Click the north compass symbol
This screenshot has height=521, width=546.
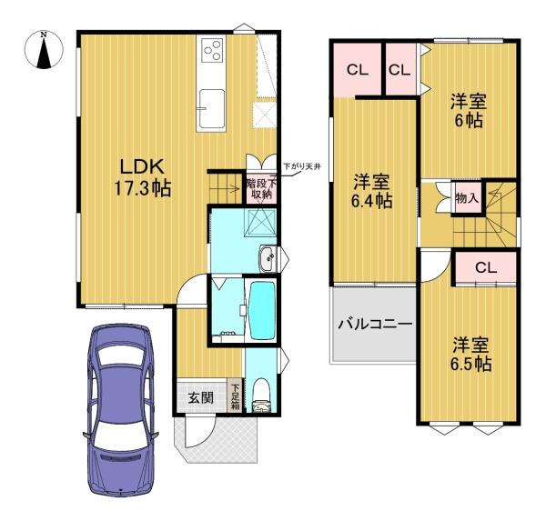coord(43,51)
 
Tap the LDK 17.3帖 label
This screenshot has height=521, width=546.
coord(142,177)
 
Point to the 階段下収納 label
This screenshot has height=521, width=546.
coord(258,187)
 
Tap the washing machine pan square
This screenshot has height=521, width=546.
coord(264,221)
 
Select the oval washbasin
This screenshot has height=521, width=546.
coord(268,260)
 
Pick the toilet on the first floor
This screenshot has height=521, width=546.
coord(262,393)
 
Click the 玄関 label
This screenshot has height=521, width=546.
coord(200,397)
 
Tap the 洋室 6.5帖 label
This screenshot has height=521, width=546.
coord(471,355)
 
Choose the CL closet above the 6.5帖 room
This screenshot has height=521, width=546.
coord(485,267)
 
